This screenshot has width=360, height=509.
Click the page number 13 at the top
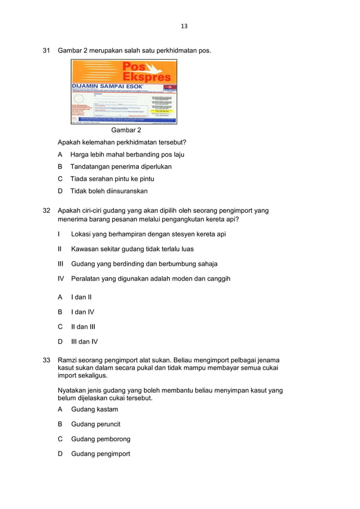184,26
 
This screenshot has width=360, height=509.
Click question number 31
47,51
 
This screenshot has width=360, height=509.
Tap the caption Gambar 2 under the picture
126,130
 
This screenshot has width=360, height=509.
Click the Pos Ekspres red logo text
146,72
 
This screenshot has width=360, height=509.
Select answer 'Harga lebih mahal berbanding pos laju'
127,154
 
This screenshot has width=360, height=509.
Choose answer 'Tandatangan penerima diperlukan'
121,166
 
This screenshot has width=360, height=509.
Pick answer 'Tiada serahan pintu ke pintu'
112,179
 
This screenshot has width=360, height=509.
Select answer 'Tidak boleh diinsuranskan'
109,191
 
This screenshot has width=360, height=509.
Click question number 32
47,210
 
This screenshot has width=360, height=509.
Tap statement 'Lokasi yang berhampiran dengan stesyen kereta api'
148,234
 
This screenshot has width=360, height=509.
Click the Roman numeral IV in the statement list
61,278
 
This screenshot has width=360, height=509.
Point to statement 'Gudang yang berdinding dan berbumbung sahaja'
144,264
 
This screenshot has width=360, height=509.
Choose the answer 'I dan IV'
82,311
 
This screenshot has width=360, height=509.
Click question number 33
47,360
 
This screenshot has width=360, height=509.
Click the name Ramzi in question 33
68,360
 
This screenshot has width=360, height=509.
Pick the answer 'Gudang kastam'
94,409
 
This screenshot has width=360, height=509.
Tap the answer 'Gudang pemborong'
100,439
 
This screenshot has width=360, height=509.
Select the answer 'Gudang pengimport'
100,454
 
